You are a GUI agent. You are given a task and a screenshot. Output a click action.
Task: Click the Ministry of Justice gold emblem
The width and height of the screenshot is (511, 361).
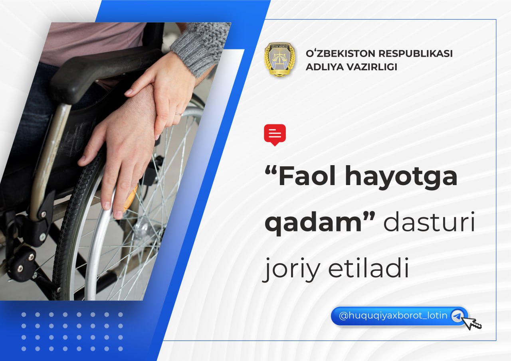tap(280, 59)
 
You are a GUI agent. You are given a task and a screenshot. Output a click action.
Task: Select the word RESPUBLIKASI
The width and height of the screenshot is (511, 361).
tap(416, 53)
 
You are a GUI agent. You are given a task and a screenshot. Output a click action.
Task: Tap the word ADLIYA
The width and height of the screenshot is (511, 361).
tap(323, 67)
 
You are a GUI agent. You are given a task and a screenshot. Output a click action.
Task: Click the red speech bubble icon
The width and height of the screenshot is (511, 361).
tap(275, 135)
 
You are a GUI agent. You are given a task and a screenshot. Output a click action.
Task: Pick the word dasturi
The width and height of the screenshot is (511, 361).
tap(429, 222)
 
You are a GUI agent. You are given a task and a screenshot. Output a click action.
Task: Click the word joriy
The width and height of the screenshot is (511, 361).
tap(291, 269)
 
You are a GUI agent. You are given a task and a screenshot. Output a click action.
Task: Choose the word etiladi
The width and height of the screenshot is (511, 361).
tap(368, 266)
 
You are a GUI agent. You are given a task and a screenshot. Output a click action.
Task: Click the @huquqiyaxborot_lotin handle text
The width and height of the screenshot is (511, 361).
tap(393, 316)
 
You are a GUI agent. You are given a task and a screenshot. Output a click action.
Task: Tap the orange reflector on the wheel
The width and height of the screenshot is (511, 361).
tap(130, 198)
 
